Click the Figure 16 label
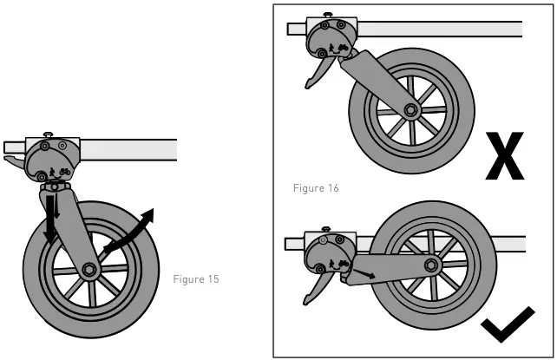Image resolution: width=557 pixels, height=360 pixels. pos(315,187)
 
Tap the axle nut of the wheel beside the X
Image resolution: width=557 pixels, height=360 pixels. pos(410,111)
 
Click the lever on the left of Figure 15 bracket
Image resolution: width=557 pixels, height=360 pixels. pos(15,161)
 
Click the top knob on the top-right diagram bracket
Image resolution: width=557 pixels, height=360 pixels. pos(326,14)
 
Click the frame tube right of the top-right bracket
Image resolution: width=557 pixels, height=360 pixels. pos(442,29)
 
